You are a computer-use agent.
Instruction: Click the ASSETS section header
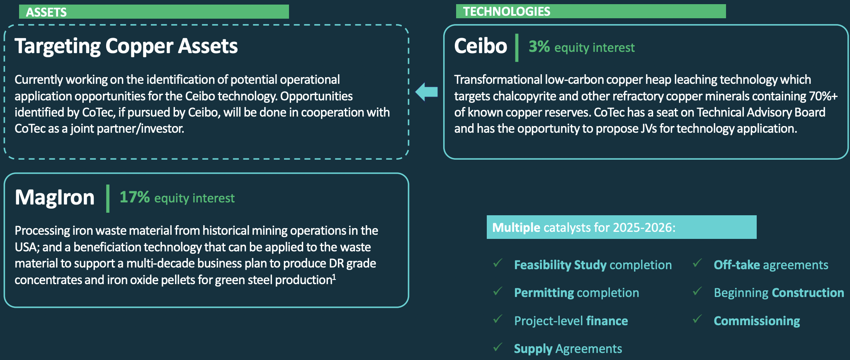coord(46,12)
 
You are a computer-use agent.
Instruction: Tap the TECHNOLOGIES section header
coord(507,11)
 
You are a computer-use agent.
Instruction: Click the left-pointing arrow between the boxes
coord(426,92)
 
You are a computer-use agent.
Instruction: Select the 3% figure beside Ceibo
coord(539,46)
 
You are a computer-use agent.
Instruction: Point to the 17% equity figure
coord(134,197)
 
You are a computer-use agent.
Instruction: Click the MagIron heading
coord(55,197)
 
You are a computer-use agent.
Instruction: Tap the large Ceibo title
coord(481,46)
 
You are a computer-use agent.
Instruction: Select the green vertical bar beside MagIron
coord(108,199)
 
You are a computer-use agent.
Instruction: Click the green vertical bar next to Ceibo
coord(517,48)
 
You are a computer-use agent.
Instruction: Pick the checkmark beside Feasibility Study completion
coord(498,263)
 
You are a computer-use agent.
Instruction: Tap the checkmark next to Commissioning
coord(697,319)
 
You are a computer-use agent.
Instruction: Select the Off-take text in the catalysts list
coord(737,265)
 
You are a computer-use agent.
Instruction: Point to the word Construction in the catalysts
coord(808,293)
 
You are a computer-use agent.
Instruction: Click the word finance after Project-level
coord(607,321)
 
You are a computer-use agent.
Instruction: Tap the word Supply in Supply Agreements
coord(533,349)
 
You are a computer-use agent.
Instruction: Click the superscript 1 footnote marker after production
coord(334,277)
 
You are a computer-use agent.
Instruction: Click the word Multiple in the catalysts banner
coord(516,228)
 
